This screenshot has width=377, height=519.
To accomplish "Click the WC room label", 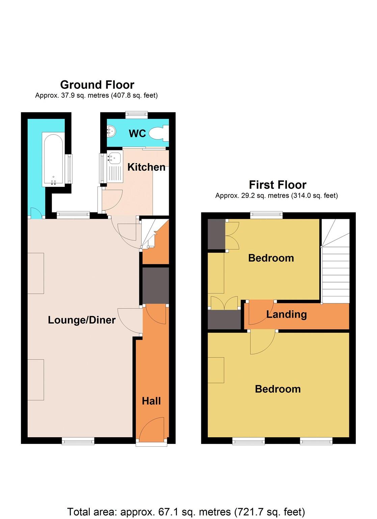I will point(137,133).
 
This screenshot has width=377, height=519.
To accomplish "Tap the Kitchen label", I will point(146,167).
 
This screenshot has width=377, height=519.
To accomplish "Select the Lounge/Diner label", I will point(82,320).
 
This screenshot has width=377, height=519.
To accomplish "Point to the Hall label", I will point(151,401).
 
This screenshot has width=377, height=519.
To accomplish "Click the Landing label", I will point(287,314).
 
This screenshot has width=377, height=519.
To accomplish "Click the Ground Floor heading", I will point(97,84).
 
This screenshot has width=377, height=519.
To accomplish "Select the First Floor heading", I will point(277,185).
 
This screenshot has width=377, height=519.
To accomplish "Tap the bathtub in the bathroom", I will point(53,159).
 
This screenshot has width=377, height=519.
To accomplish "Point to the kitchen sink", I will point(115,158).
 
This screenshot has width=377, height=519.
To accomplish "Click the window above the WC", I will point(137,115).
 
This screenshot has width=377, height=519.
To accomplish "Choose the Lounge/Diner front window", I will point(78,440).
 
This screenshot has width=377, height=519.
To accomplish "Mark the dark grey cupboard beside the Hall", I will point(156,286).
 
